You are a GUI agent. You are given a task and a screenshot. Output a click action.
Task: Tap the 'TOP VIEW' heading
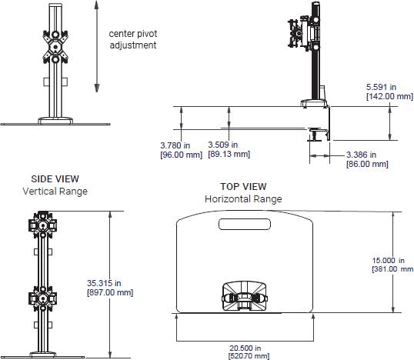point(242,186)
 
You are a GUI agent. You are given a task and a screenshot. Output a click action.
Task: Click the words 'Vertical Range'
point(55,191)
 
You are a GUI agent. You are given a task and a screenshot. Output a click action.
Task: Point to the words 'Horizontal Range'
point(243,198)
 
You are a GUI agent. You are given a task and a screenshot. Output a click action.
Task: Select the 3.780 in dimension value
point(174,145)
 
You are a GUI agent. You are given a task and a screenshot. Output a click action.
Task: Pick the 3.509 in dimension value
point(223,145)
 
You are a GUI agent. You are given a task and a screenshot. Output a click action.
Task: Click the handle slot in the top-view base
point(245,225)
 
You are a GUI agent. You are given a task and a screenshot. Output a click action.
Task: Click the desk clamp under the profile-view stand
point(319,135)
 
